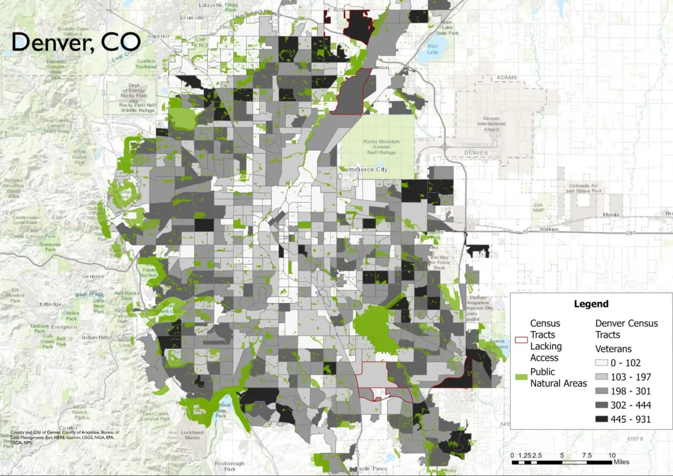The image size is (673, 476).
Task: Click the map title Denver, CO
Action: [76, 42]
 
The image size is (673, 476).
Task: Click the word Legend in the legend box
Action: [591, 304]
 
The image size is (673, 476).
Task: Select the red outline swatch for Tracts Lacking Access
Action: [521, 340]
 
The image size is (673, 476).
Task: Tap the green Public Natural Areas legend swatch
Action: [521, 376]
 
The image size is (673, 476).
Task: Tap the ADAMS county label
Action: [507, 77]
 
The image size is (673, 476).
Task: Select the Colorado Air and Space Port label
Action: [584, 188]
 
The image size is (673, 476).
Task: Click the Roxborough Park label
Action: [225, 466]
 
